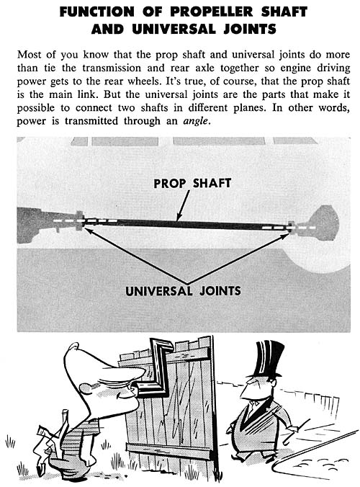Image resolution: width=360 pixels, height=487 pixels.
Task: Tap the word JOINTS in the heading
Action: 250,30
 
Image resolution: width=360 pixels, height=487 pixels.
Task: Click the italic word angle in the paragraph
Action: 195,121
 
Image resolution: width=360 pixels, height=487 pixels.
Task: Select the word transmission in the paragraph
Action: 112,68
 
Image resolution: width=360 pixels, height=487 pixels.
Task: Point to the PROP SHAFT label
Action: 192,183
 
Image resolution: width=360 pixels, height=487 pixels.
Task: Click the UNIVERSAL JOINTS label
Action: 183,291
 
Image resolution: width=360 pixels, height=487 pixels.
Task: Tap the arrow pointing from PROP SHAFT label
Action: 183,205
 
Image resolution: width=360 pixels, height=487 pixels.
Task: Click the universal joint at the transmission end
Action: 80,221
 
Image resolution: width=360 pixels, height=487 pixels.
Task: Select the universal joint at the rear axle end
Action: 291,227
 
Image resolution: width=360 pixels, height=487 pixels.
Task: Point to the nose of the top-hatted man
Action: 244,392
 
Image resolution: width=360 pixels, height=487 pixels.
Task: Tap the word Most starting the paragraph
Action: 29,55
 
